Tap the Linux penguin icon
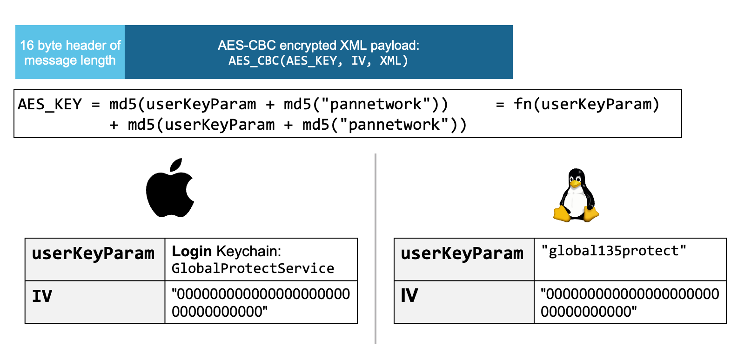pos(576,195)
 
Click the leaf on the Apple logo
pos(176,165)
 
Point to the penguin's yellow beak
pos(575,183)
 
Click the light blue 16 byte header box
pos(70,52)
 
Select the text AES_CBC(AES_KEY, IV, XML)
pos(318,61)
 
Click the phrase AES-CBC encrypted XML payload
pos(318,45)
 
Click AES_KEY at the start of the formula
pos(50,104)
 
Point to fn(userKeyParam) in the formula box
pos(586,104)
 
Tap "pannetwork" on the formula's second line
pos(394,125)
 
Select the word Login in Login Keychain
pos(192,251)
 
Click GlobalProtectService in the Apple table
pos(253,268)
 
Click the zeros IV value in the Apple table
pos(261,302)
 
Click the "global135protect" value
pos(613,251)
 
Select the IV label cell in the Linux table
pos(463,302)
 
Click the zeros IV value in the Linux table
pos(630,302)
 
